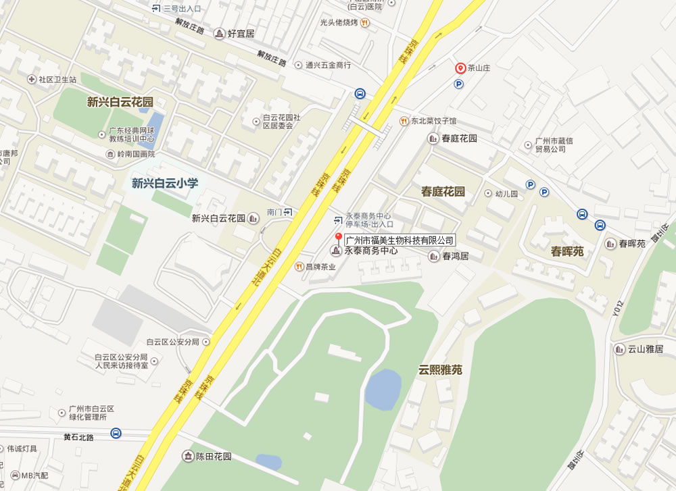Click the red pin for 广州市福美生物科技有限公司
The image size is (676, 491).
coord(339,237)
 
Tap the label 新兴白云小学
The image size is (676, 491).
coord(165,182)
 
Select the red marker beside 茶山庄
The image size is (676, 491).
coord(460,68)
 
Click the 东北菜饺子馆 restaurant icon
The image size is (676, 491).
coord(403,121)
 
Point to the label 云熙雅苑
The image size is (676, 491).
coord(440,369)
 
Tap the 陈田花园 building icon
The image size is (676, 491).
coord(186,457)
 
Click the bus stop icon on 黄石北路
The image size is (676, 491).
coord(116,433)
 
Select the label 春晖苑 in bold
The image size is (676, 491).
coord(566,251)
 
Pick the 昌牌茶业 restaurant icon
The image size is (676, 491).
coord(298,267)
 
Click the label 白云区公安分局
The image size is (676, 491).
coord(173,342)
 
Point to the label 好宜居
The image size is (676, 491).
coord(241,33)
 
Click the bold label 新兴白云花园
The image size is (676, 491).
coord(120,102)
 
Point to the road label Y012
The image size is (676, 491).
coord(616,307)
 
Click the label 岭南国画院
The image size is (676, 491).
coord(141,155)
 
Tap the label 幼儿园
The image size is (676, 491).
coord(506,193)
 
